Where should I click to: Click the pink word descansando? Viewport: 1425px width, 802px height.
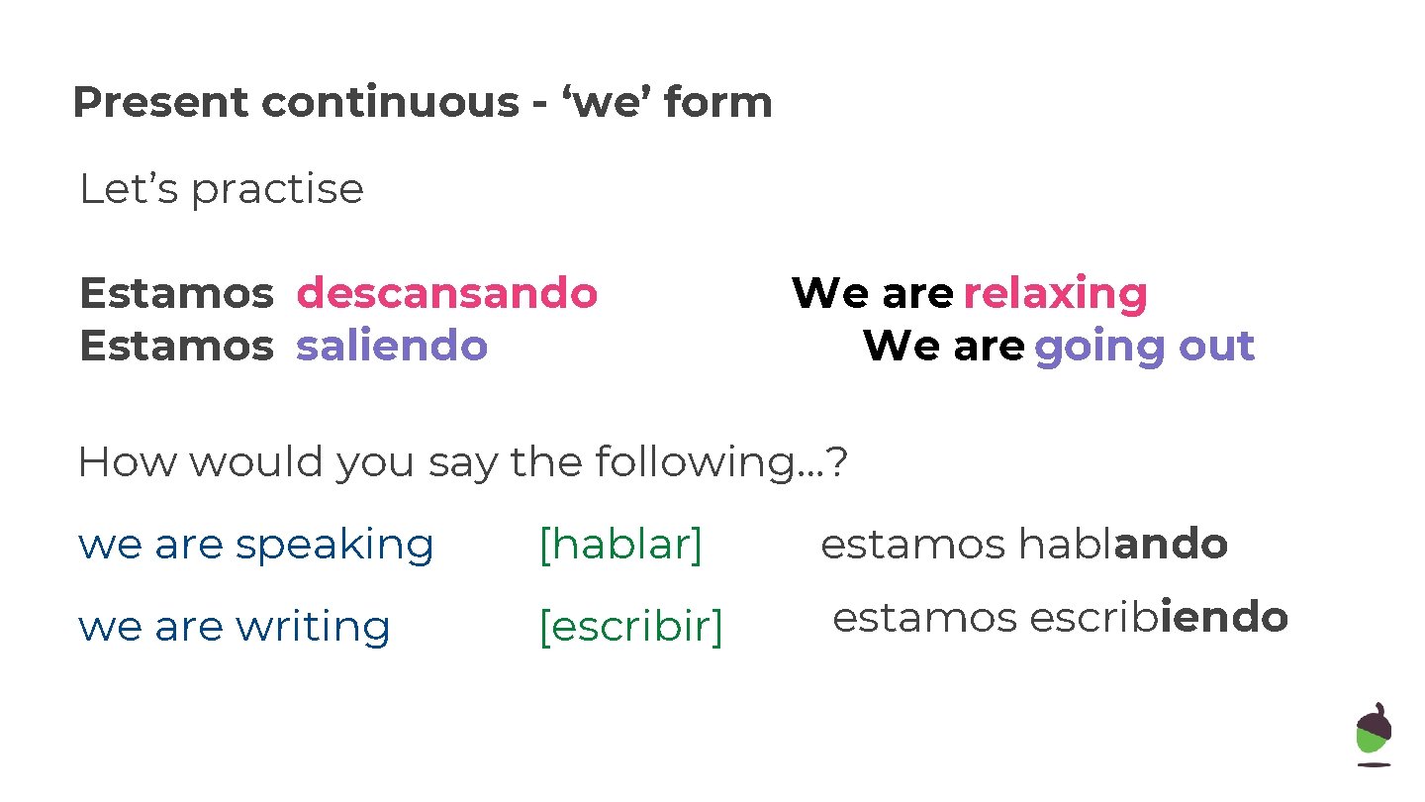[447, 294]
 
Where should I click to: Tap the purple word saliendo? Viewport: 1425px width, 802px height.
[392, 346]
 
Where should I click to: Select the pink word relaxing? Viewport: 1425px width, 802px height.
[1055, 294]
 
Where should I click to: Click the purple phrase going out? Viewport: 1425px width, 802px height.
[1144, 347]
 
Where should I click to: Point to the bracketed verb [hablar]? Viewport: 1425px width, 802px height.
[620, 545]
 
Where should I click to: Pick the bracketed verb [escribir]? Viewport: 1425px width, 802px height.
[630, 627]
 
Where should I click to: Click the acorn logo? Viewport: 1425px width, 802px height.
[1373, 734]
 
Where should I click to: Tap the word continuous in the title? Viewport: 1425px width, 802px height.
[390, 103]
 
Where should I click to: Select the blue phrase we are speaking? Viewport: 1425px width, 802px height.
[256, 546]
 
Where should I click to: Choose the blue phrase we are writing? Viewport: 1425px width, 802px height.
[235, 627]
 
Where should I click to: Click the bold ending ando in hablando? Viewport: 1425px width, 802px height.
[1171, 545]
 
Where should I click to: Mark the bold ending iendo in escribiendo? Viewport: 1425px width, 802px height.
[1224, 618]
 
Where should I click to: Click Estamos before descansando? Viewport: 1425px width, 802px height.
[176, 294]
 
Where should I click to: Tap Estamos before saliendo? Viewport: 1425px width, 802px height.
[176, 346]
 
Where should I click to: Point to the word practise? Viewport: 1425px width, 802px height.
[276, 189]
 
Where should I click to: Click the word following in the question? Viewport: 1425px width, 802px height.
[687, 462]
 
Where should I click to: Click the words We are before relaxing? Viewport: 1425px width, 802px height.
[872, 294]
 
